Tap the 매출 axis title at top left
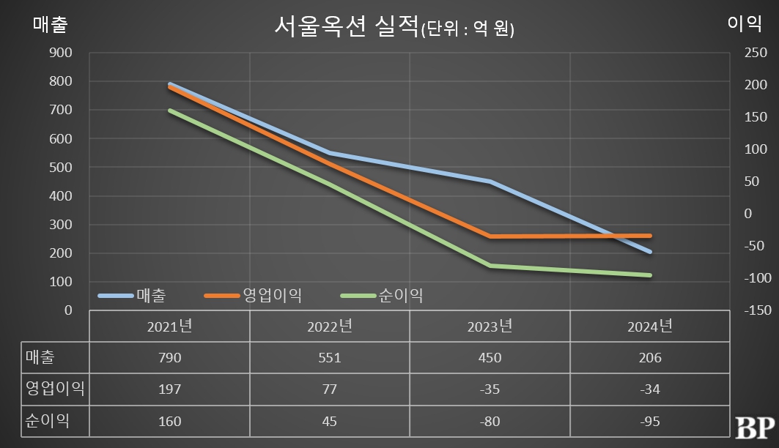tap(51, 24)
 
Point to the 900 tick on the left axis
tap(61, 53)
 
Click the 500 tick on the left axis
tap(61, 167)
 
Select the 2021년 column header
tap(169, 326)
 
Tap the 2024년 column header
tap(649, 326)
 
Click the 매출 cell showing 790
tap(169, 358)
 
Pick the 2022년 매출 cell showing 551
tap(330, 358)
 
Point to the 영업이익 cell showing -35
tap(489, 389)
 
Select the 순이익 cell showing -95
tap(649, 422)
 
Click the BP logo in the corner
tap(754, 427)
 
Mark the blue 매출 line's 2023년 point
tap(490, 182)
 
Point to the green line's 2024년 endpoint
tap(649, 275)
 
